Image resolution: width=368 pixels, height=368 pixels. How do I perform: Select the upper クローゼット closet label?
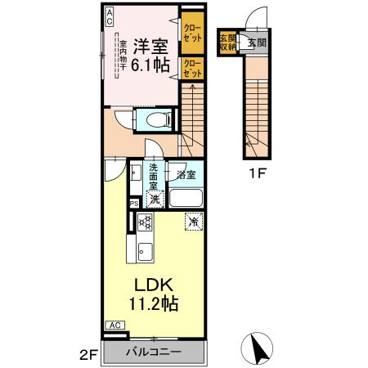193,34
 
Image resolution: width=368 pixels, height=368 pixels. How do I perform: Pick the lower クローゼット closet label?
193,67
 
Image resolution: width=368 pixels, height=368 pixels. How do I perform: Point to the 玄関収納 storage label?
227,42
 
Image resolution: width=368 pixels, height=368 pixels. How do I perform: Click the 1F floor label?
258,174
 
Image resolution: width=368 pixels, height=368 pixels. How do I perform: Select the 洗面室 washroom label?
153,178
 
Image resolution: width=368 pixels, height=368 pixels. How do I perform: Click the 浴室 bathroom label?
186,173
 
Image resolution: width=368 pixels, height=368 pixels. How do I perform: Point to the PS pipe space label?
132,204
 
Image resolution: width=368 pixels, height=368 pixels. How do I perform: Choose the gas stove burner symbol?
146,222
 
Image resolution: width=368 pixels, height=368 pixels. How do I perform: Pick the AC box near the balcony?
115,325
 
